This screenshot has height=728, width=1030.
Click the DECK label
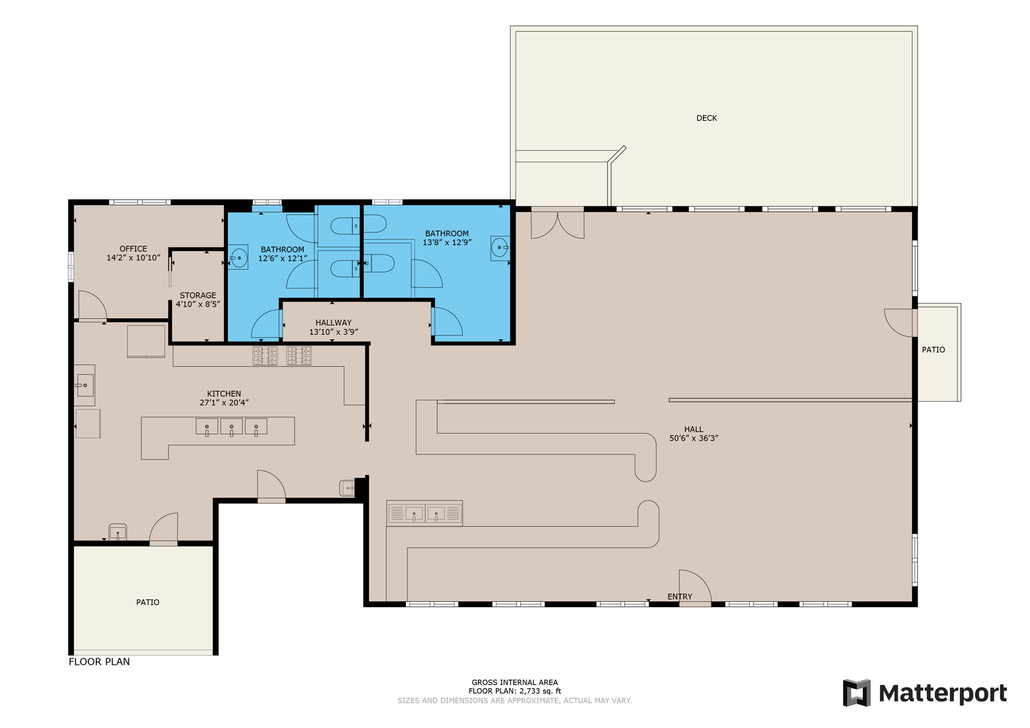pos(706,118)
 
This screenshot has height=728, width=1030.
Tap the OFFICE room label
pos(133,249)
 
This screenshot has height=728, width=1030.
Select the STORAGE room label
pos(198,295)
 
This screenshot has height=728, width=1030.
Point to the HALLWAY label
pos(333,323)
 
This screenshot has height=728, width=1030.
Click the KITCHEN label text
pos(224,394)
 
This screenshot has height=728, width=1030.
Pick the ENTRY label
pos(680,597)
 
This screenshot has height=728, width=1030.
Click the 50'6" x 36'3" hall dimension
pos(693,438)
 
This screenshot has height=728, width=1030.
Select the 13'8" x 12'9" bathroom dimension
pos(447,242)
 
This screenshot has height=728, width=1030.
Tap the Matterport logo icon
pos(857,693)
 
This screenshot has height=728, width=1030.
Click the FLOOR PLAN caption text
pos(99,661)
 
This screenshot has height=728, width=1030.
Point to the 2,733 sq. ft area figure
pos(540,691)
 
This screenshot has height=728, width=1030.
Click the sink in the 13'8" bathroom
pos(500,248)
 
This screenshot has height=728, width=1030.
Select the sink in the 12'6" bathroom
pos(239,258)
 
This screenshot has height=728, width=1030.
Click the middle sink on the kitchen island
pos(231,427)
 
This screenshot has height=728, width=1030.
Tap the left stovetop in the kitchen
pos(265,356)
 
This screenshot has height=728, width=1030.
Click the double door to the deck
pos(557,223)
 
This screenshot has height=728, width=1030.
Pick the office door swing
pos(93,305)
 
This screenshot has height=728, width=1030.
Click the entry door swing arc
pos(695,587)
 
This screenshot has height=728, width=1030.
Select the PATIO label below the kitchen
pos(147,602)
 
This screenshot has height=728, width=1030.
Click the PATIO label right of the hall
pos(933,350)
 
